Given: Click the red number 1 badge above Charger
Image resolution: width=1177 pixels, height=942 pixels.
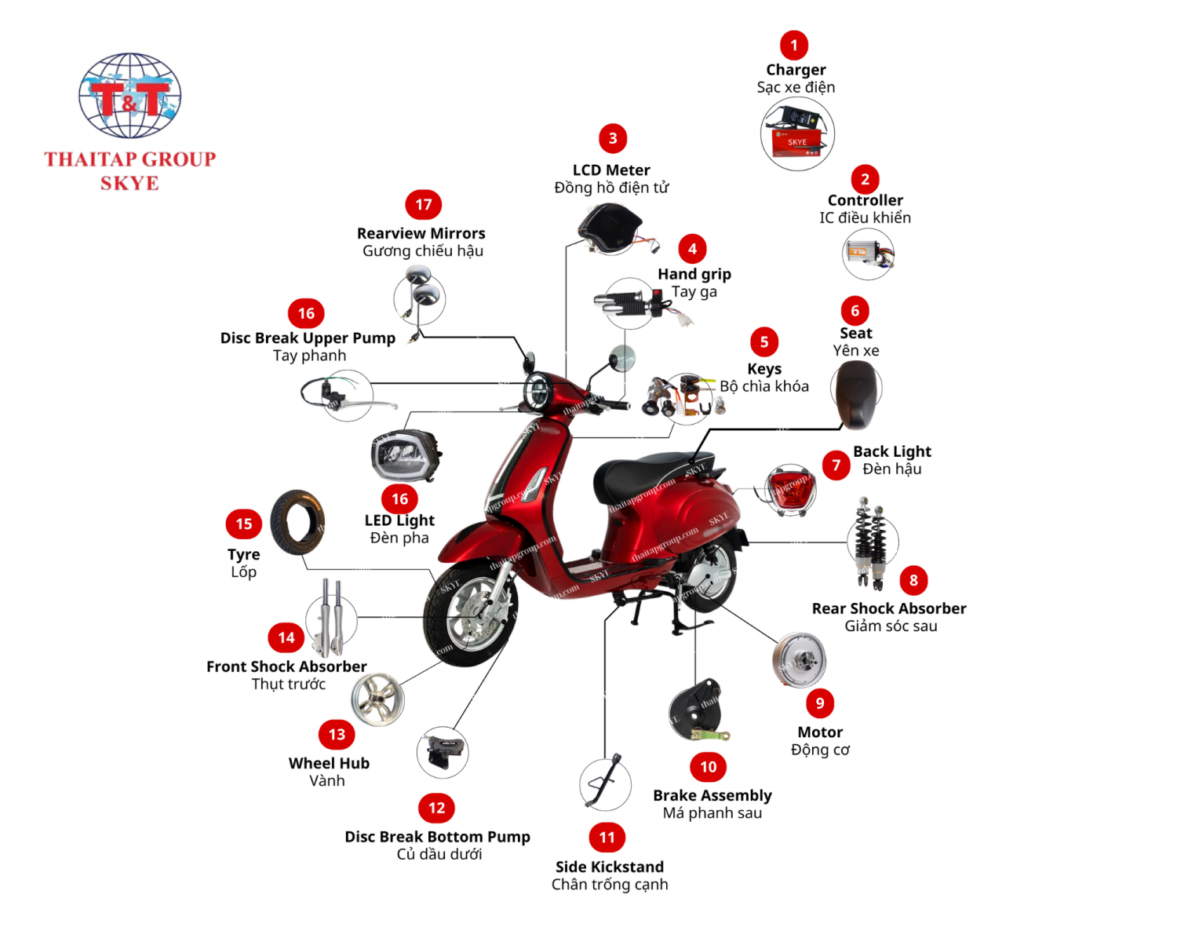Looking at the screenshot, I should coord(794,46).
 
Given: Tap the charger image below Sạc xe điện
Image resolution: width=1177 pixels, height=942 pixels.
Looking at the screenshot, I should coord(797,133).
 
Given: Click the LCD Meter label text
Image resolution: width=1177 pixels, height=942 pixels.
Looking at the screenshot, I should coord(611,170).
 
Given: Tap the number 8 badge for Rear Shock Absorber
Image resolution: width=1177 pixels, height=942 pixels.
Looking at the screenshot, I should coord(913,581).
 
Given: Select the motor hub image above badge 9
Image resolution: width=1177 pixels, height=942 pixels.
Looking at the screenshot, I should coord(800,660).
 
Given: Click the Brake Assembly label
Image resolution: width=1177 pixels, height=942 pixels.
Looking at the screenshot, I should coord(712,795).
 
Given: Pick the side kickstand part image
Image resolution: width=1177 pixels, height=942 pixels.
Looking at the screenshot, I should coord(606,782).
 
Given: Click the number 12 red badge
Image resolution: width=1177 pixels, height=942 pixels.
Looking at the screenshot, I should coord(437,808).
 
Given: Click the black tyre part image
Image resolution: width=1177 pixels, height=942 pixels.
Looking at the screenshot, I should coord(297,523).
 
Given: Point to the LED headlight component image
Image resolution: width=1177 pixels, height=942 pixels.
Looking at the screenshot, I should coord(405,456).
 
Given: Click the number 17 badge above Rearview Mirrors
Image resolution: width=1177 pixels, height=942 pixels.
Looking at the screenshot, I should coord(424,205).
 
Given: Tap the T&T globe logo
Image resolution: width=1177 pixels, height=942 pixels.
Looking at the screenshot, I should coord(130,95).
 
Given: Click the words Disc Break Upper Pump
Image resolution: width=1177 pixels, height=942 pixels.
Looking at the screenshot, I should coord(308,338).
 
